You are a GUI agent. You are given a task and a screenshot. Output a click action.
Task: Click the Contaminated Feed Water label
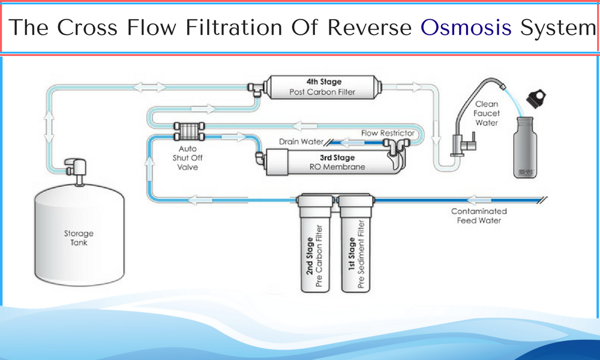(479, 215)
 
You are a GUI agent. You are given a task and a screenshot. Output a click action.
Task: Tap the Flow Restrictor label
(388, 133)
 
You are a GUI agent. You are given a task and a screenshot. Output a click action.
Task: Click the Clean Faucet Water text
(487, 113)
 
